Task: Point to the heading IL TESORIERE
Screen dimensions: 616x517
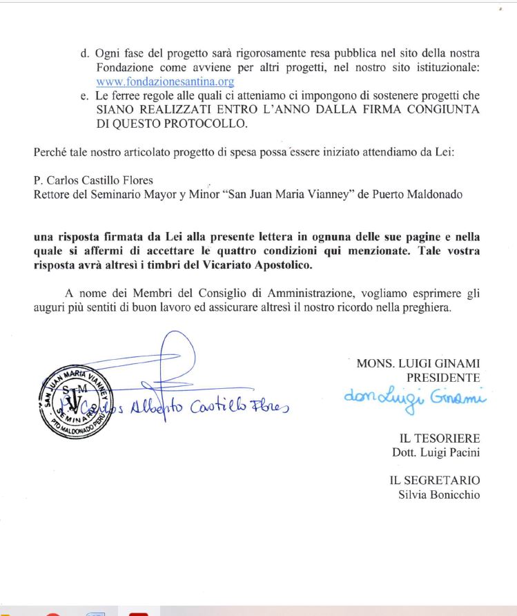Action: [x=440, y=439]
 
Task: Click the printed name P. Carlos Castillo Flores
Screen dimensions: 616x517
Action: [x=93, y=181]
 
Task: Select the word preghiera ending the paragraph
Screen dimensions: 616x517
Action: [x=427, y=307]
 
